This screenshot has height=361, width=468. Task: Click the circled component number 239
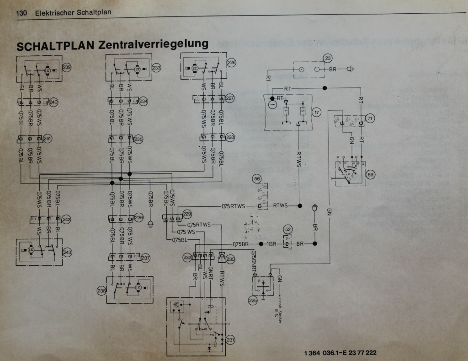coord(67,67)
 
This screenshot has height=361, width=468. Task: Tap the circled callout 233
coord(156,67)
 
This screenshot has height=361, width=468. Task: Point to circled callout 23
coord(328,58)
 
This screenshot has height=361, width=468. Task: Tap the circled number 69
coord(370,174)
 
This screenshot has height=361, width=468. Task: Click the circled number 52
coord(287,229)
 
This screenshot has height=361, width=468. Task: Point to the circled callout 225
coord(253,300)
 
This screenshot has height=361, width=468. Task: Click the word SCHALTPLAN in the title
coord(54,46)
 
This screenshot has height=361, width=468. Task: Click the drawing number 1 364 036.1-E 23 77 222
coord(340,353)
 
